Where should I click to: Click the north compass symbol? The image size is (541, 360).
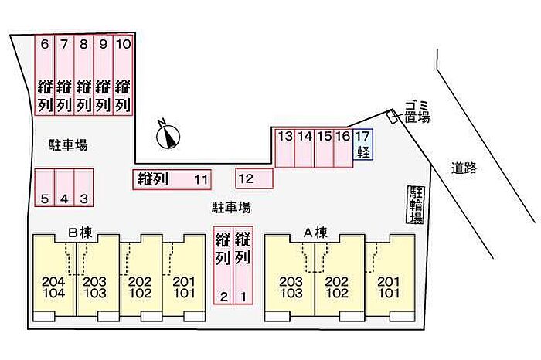pyautogui.click(x=168, y=136)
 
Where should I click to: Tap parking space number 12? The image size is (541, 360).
pyautogui.click(x=254, y=179)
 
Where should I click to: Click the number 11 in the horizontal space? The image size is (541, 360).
pyautogui.click(x=201, y=181)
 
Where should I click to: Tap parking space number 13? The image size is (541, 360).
pyautogui.click(x=285, y=148)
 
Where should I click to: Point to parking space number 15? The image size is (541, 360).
pyautogui.click(x=325, y=148)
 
